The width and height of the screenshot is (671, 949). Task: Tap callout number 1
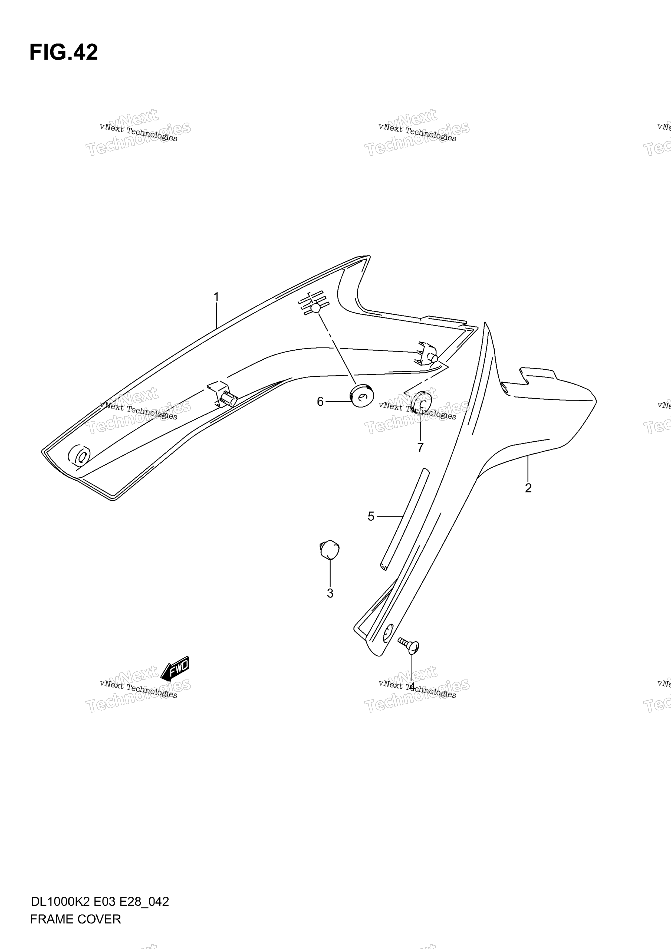[216, 297]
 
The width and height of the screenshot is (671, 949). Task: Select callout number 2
[528, 488]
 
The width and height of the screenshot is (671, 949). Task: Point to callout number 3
[330, 593]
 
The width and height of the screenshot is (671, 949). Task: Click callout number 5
[371, 516]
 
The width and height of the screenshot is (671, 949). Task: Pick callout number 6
[320, 402]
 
